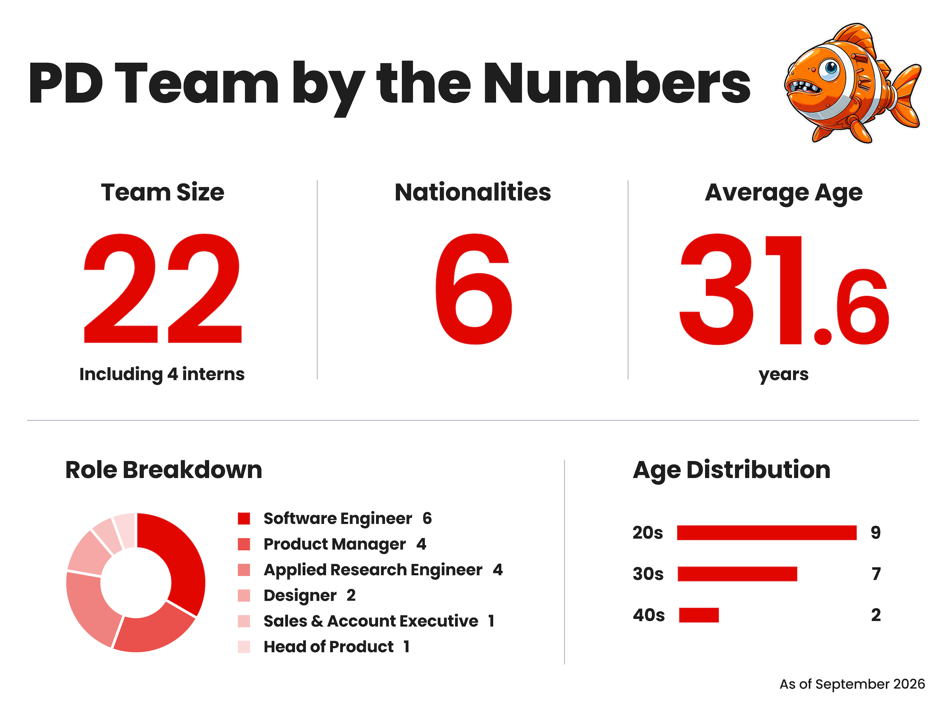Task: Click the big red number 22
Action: point(163,289)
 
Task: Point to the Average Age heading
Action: point(784,193)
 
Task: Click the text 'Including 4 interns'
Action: point(162,374)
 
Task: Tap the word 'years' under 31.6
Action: point(784,375)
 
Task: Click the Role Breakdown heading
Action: point(164,470)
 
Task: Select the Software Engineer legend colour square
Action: point(244,519)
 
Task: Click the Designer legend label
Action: point(300,596)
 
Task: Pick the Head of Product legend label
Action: point(329,647)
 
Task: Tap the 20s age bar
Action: point(767,533)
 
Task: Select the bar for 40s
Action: point(699,615)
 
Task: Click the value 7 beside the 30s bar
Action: point(876,574)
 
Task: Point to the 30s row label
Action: point(648,574)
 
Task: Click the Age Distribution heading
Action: point(732,470)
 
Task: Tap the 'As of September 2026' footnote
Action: point(852,684)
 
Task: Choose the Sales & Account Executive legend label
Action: point(371,621)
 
